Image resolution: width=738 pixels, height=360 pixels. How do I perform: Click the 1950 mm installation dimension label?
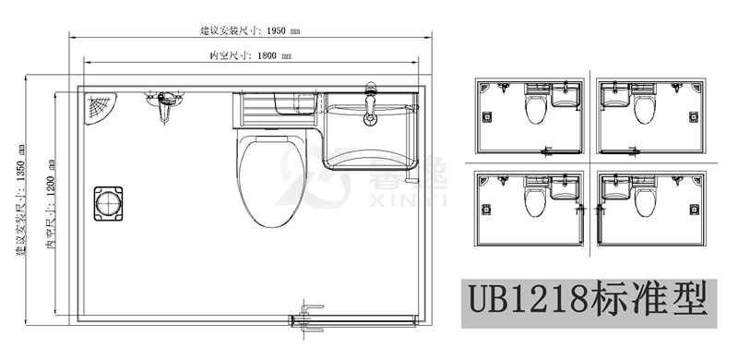250,31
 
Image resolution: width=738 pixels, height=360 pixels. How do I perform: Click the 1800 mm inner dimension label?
250,56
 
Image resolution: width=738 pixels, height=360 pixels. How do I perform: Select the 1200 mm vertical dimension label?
51,204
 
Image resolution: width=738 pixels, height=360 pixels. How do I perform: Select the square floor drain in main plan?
108,204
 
